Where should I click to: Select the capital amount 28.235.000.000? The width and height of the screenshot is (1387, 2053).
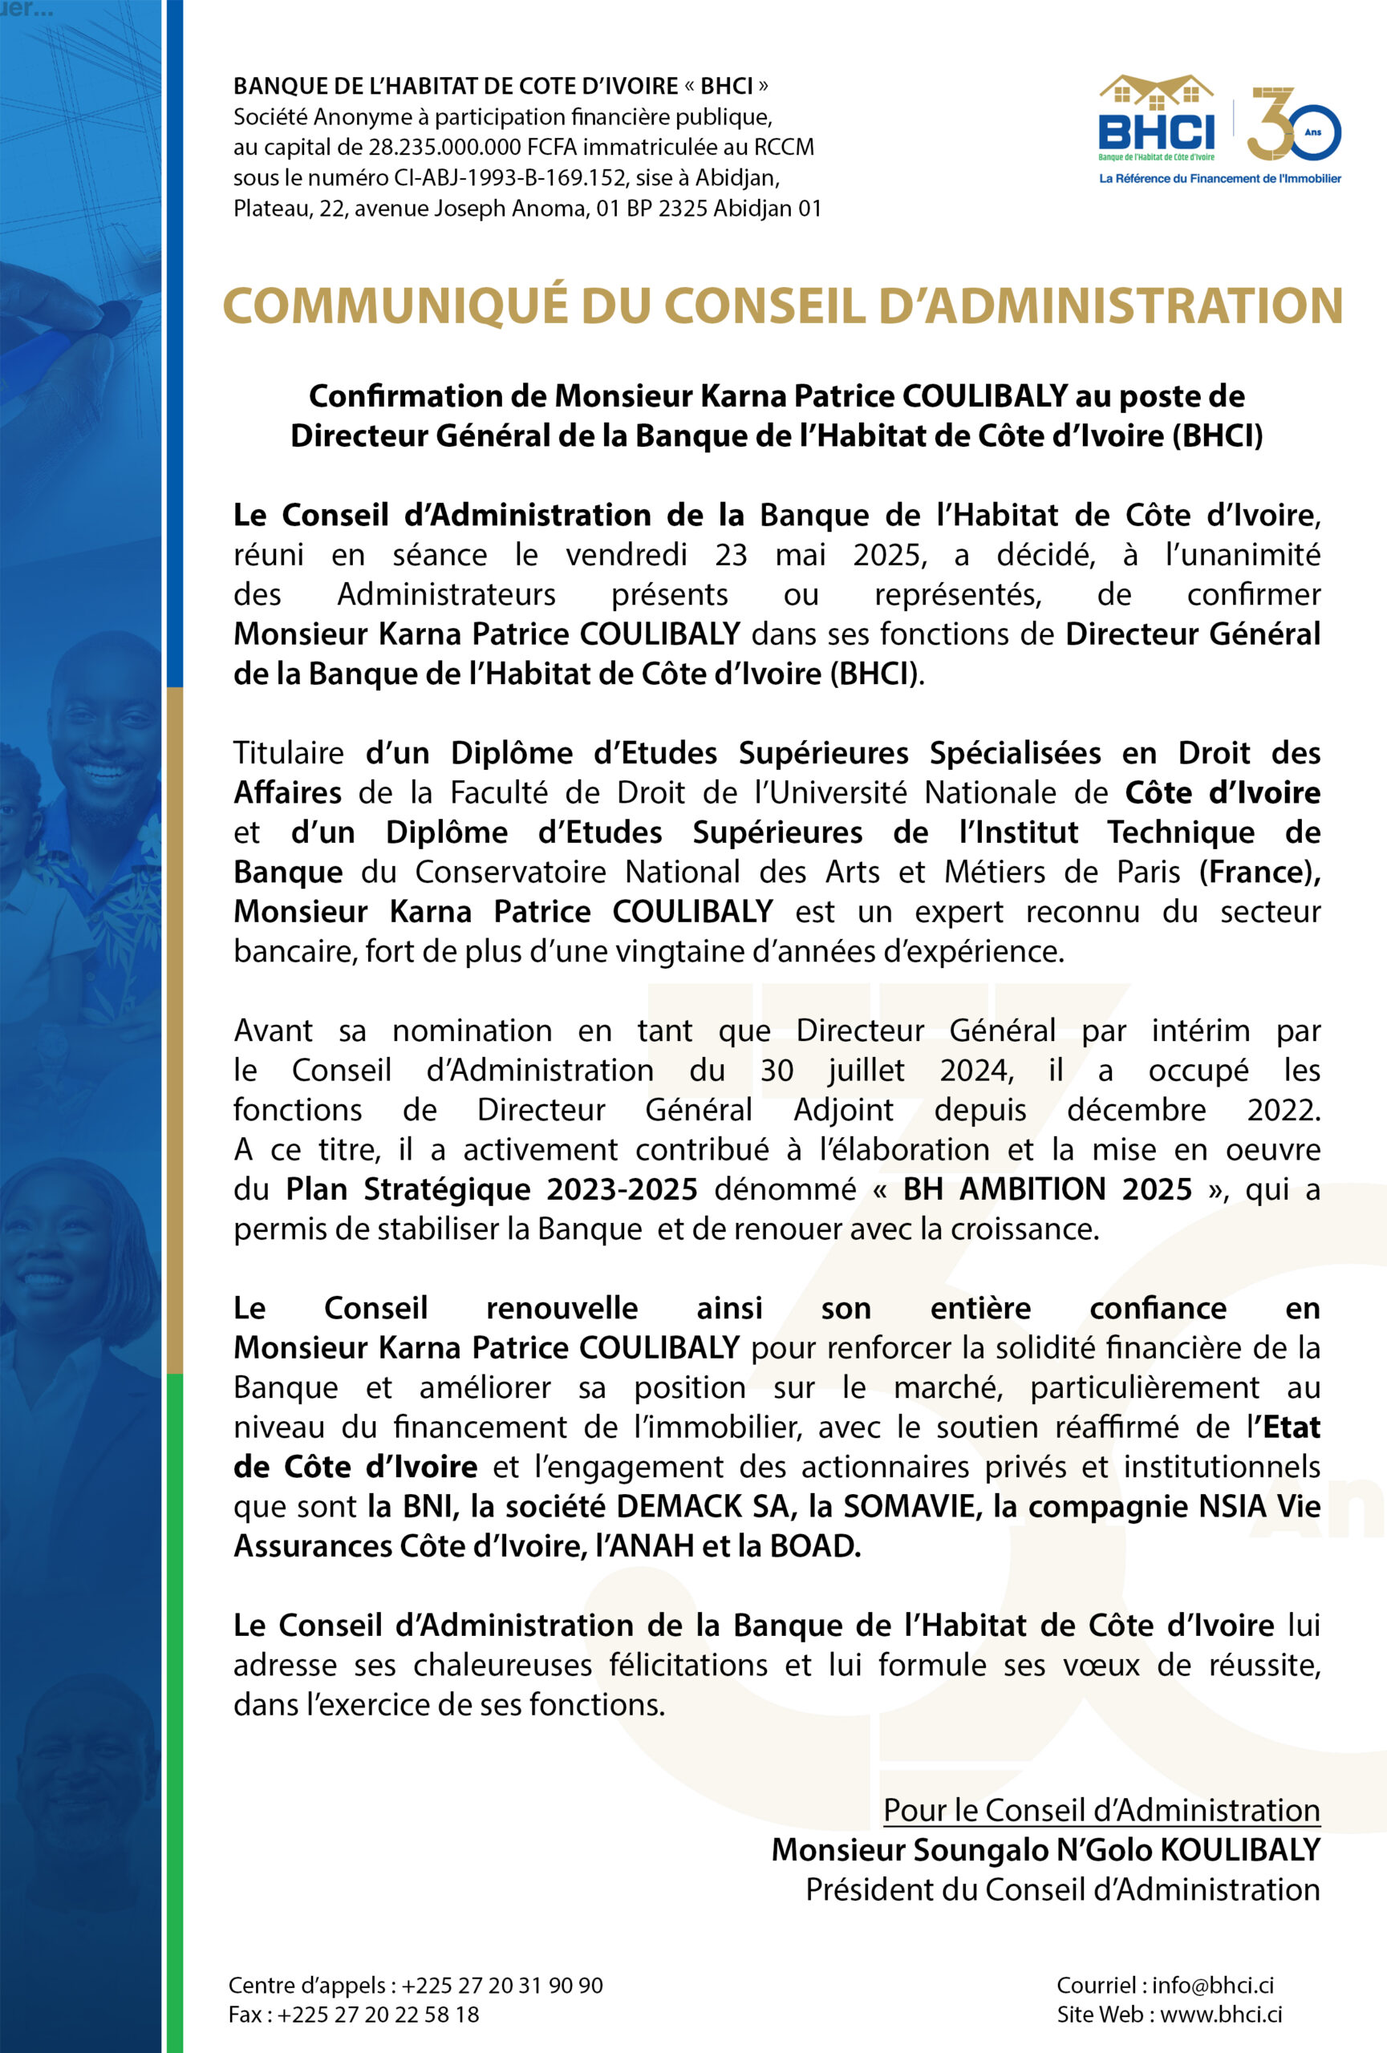tap(445, 148)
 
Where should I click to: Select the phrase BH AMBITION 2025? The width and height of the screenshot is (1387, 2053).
tap(1047, 1190)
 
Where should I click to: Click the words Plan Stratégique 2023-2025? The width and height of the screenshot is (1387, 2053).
tap(491, 1190)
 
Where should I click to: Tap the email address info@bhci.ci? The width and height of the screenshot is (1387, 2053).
tap(1212, 1985)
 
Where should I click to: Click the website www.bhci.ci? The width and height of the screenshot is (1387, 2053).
tap(1221, 2015)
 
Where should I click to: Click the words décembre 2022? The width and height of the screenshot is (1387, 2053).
tap(1193, 1111)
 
